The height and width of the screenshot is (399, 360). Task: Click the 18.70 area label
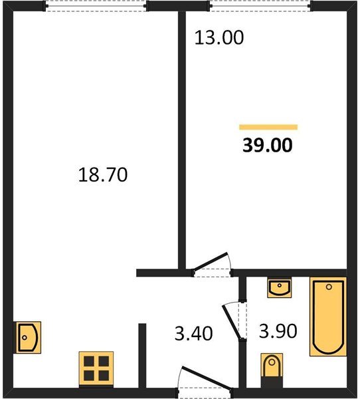103,174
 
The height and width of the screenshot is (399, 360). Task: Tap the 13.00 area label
219,38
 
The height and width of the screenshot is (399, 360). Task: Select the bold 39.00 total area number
268,145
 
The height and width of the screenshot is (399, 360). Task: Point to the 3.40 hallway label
193,333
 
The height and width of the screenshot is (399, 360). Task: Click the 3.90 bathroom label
278,331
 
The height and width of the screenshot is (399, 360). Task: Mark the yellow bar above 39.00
268,127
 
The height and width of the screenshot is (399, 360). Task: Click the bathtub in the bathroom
328,317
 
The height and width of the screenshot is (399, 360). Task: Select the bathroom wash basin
280,287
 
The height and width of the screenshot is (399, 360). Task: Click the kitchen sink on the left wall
27,337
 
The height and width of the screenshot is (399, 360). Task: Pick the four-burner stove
96,368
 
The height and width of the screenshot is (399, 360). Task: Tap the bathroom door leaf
231,322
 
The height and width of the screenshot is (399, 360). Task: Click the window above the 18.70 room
96,6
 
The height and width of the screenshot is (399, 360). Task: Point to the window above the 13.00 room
260,6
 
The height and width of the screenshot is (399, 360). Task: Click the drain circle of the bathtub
329,287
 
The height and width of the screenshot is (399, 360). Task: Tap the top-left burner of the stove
89,361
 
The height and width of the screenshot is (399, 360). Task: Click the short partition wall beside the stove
142,356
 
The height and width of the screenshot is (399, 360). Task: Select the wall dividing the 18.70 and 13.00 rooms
182,140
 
